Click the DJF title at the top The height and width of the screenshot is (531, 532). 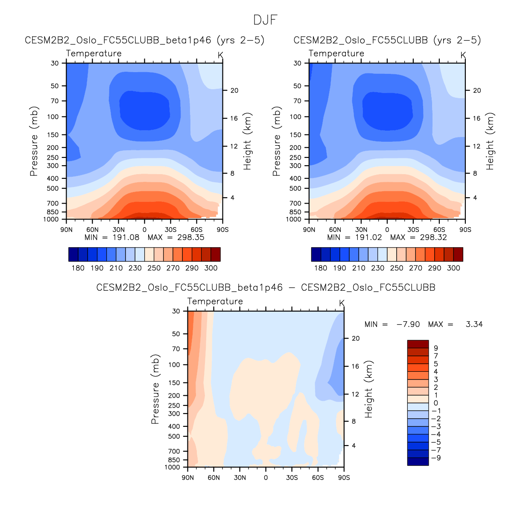265,20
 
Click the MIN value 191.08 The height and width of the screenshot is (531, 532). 126,237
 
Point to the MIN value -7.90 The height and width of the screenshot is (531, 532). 408,324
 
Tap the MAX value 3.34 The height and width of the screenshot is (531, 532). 474,324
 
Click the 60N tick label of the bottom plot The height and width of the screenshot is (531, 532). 214,478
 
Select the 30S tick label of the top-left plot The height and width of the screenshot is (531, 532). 170,230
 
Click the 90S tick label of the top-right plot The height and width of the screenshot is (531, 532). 465,230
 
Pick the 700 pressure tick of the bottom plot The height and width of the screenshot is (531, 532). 175,451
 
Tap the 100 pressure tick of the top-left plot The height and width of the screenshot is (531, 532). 53,117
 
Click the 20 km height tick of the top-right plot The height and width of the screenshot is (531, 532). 477,90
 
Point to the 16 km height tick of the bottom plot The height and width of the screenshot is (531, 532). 355,366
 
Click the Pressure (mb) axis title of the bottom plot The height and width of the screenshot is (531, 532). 155,389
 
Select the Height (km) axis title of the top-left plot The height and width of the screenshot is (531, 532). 248,141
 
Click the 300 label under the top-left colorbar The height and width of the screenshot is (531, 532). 211,268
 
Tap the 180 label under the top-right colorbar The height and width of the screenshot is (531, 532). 321,268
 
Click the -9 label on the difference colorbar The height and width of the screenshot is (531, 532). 436,458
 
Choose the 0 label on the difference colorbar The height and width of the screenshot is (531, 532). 436,403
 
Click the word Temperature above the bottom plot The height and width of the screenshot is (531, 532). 215,301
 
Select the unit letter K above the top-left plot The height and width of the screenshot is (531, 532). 220,55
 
